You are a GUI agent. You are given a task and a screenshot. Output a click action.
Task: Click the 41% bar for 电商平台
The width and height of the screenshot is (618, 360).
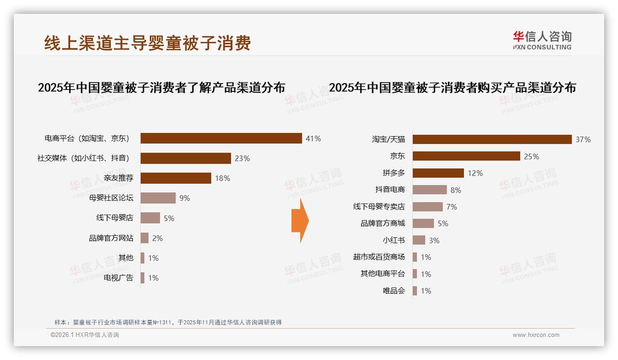(x=221, y=138)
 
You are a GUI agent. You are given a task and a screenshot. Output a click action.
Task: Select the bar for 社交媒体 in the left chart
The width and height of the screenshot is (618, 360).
(x=185, y=158)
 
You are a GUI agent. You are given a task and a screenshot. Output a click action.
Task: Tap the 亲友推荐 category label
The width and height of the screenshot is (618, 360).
(x=119, y=178)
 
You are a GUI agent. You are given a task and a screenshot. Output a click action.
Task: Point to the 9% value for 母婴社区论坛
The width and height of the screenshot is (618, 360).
(x=184, y=198)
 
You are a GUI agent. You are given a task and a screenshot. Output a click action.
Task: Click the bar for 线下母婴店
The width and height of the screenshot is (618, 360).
(x=150, y=218)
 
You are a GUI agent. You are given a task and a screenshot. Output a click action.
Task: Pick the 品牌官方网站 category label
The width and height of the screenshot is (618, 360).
(x=111, y=238)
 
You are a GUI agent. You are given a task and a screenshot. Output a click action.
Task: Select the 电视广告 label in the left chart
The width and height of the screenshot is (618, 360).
(x=119, y=278)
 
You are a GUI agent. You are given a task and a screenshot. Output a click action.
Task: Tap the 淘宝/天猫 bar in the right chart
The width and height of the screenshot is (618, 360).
(x=492, y=139)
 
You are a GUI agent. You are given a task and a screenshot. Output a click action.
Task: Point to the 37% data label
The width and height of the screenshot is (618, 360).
(x=583, y=140)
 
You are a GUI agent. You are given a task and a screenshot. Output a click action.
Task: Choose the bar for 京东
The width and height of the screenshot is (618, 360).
(x=466, y=156)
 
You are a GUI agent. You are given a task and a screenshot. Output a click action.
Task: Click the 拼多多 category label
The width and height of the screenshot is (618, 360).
(x=394, y=173)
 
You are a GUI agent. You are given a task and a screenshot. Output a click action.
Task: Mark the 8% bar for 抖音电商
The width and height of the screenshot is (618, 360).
(x=429, y=190)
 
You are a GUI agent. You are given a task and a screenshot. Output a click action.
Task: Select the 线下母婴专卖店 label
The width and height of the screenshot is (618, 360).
(x=379, y=207)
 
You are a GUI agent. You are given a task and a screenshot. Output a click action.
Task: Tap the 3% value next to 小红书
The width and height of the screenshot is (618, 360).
(x=434, y=240)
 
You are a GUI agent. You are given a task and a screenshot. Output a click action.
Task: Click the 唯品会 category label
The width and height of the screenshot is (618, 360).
(x=394, y=291)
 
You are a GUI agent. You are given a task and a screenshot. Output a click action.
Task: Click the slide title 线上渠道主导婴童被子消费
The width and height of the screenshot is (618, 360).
(x=148, y=43)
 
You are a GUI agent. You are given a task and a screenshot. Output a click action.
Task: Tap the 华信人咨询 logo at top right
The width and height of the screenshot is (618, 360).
(x=542, y=40)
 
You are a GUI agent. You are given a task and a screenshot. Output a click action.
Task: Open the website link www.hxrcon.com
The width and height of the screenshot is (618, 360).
(x=536, y=335)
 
